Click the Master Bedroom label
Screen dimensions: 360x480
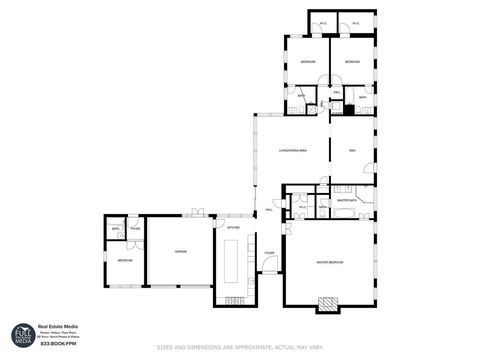click(x=330, y=261)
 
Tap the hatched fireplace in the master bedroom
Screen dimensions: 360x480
click(x=327, y=303)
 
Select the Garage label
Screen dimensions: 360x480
click(x=181, y=250)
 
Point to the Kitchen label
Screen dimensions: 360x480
click(x=233, y=228)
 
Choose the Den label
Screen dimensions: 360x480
click(x=352, y=151)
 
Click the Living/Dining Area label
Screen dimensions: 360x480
click(x=293, y=151)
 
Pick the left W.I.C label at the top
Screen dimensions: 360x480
click(x=323, y=24)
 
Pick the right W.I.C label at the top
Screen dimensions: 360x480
click(x=355, y=24)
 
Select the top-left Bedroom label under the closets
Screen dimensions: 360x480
click(x=308, y=62)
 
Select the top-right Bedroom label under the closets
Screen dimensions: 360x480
click(x=352, y=62)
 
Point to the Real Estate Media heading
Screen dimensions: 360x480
click(x=59, y=326)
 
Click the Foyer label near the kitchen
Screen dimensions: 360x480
click(x=269, y=252)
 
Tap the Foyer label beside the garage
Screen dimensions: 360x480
click(x=134, y=229)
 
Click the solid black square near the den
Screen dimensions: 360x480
click(x=349, y=108)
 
